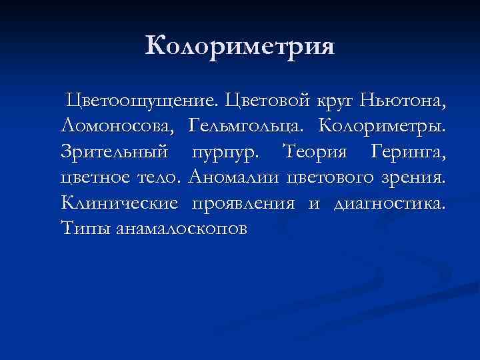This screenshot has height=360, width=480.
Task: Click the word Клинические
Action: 119,203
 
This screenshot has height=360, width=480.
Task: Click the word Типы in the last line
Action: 85,229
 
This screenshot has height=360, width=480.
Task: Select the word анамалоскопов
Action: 181,229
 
